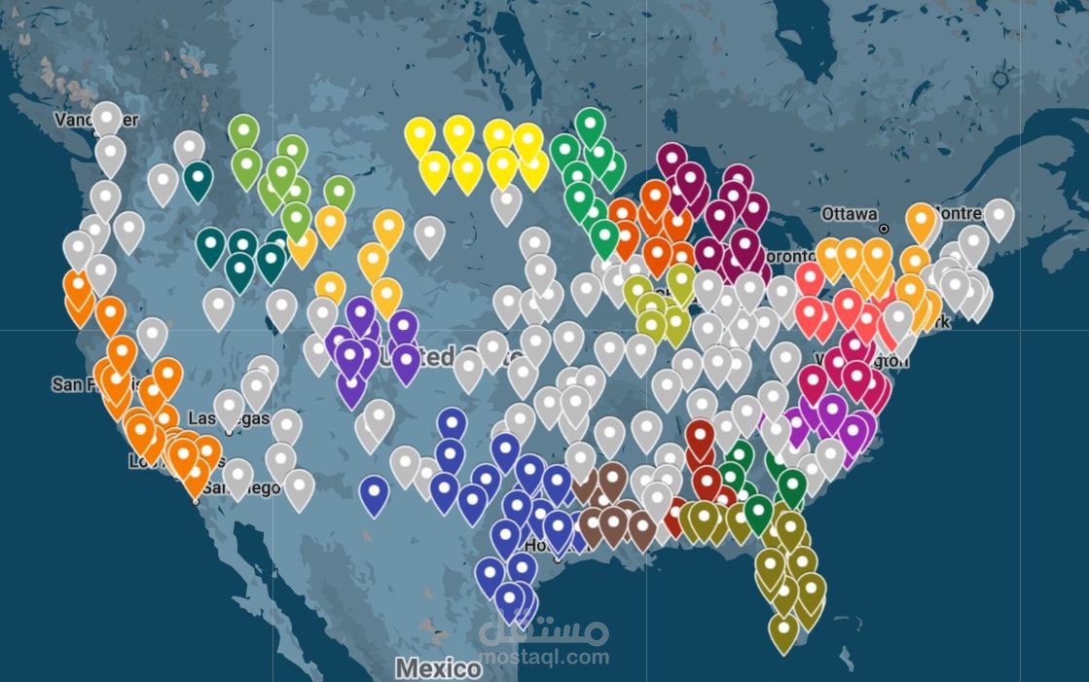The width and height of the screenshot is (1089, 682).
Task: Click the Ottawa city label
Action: coord(849,213)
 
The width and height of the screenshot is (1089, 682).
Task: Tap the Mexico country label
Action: coord(437,668)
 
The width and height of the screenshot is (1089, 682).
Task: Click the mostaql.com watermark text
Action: coord(544,657)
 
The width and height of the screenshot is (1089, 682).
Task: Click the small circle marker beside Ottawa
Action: coord(884,230)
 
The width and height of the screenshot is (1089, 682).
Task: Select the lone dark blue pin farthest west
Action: coord(374,492)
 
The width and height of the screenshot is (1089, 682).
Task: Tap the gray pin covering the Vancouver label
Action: coord(107,117)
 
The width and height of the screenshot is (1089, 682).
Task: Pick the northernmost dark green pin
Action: coord(590,125)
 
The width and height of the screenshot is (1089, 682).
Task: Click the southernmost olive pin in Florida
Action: coord(782,629)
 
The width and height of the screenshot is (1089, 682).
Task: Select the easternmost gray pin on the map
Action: coord(998,216)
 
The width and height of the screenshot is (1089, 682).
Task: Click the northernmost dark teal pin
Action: coord(199,178)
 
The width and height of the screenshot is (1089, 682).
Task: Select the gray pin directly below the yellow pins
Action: coord(505,202)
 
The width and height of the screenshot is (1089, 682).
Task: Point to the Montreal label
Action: coord(963,212)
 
